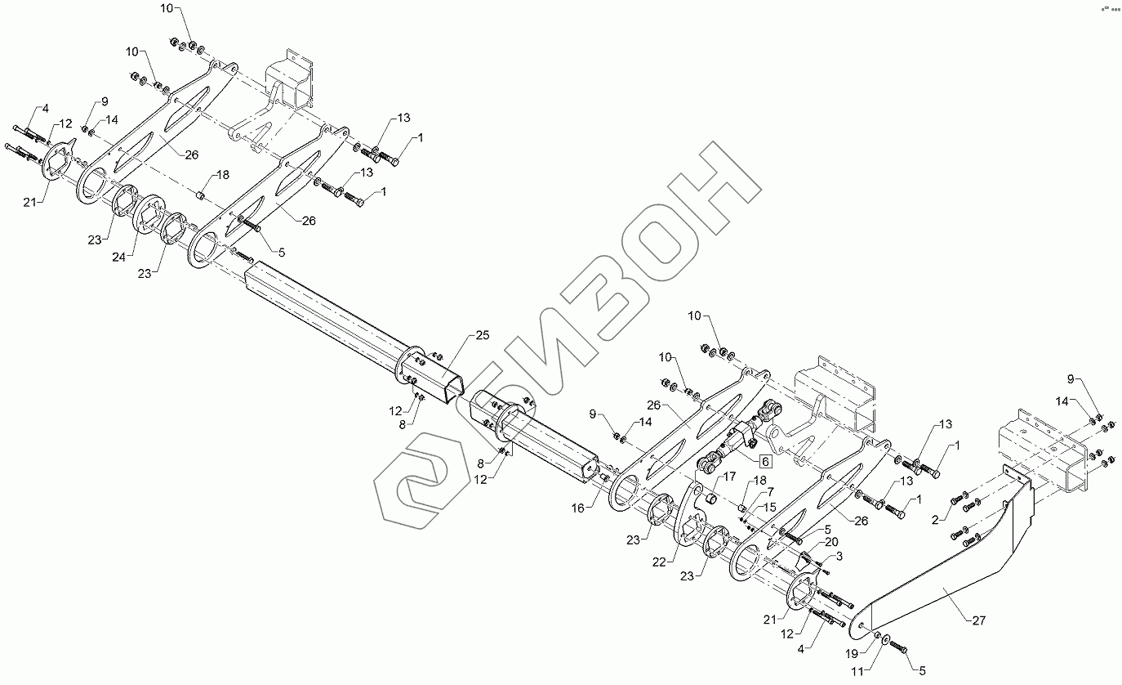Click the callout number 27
point(978,620)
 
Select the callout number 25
point(482,337)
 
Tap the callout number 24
point(120,257)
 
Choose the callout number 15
point(770,507)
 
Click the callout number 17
point(729,477)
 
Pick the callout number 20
point(830,541)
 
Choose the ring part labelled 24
point(150,216)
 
